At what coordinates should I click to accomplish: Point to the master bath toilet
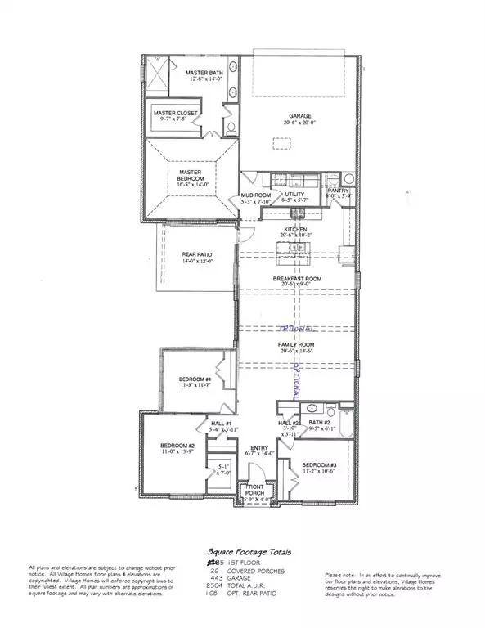[230, 127]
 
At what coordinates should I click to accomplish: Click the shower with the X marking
[155, 76]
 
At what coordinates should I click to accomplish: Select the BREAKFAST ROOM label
[297, 279]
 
